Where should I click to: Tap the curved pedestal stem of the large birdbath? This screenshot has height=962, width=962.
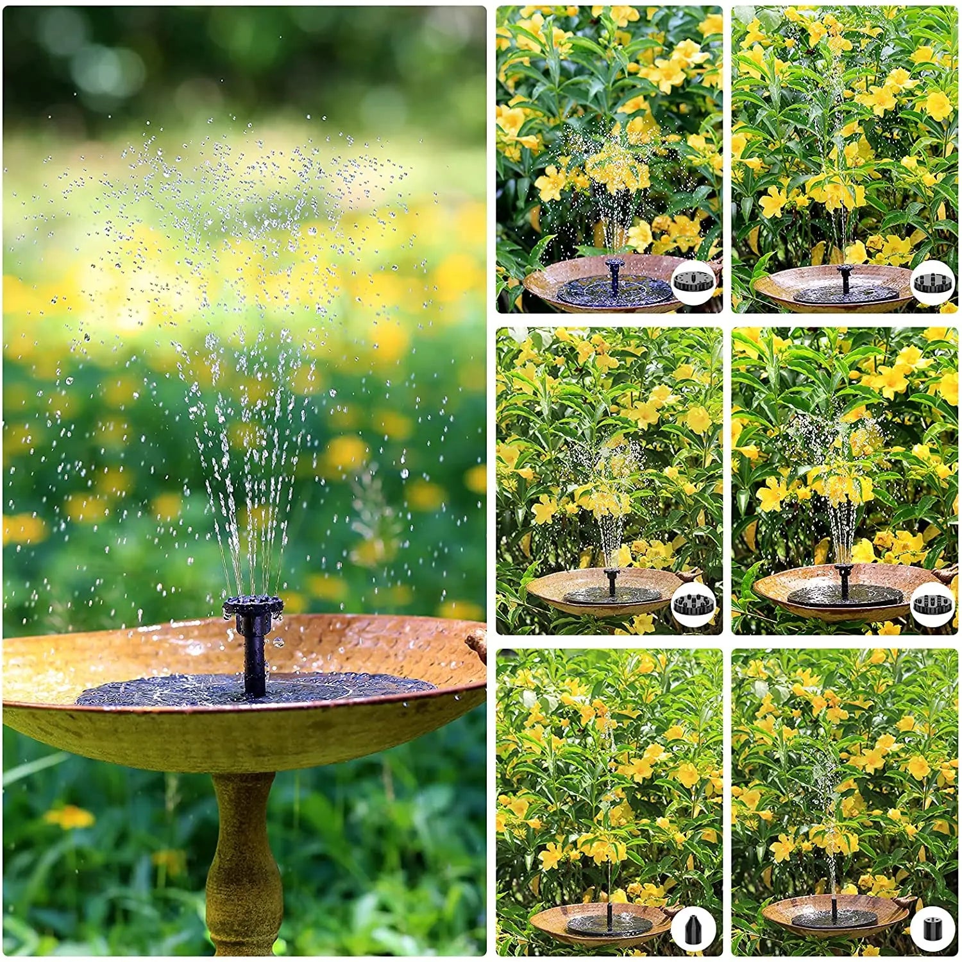(x=244, y=860)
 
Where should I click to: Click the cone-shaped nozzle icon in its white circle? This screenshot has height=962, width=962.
(x=693, y=929)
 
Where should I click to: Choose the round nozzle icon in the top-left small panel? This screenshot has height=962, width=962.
(x=693, y=282)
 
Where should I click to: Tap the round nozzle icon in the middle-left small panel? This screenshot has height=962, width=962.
(x=693, y=603)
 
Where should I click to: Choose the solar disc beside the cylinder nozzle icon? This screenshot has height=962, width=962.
(x=834, y=919)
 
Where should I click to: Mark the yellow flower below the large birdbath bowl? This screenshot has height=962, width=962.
(x=69, y=817)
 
